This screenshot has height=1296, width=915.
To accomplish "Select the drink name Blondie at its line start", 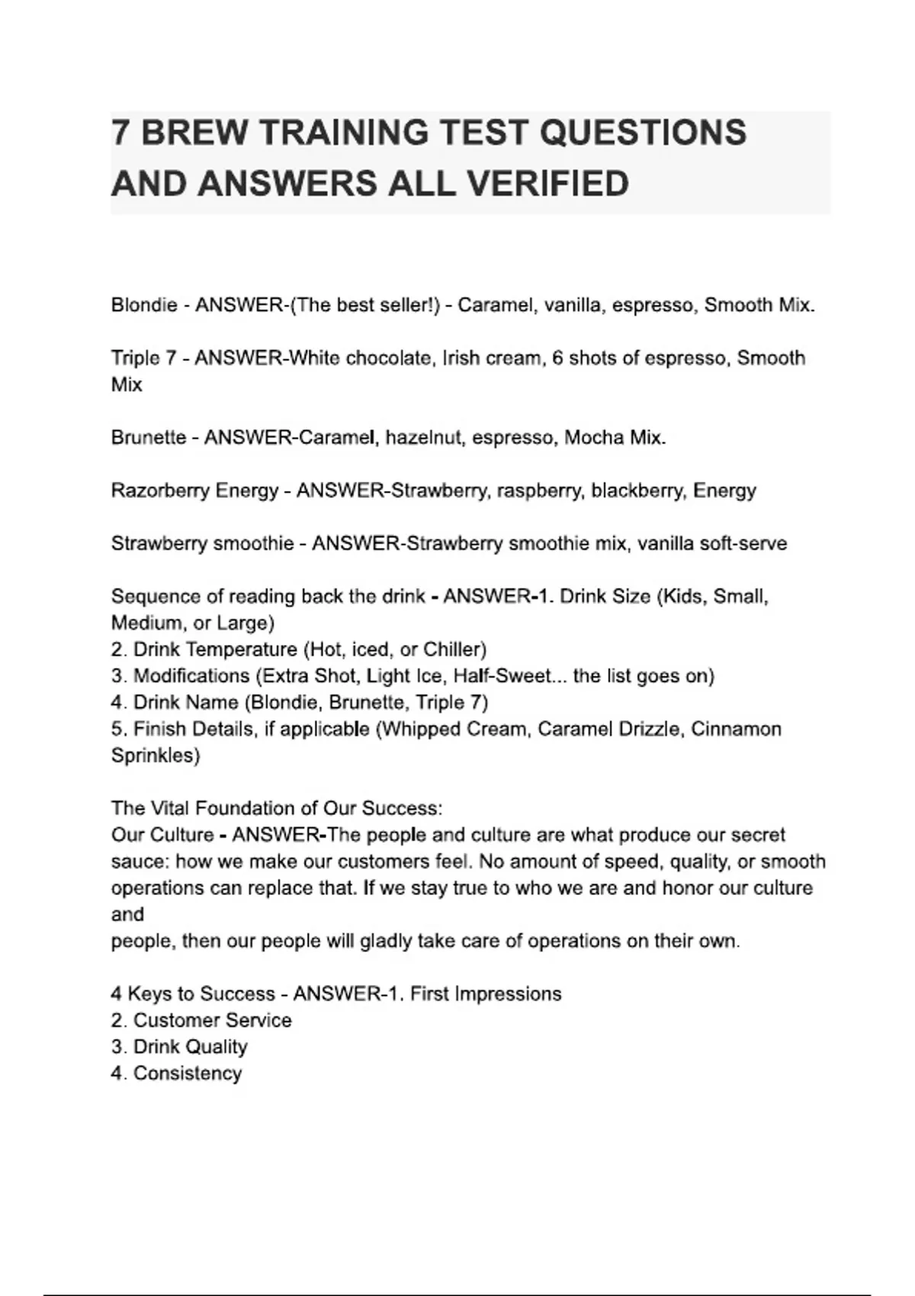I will (144, 305).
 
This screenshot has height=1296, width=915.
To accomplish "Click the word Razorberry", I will (161, 490).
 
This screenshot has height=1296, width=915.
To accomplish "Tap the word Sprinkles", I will (155, 755).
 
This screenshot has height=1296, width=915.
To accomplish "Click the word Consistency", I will (188, 1073).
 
